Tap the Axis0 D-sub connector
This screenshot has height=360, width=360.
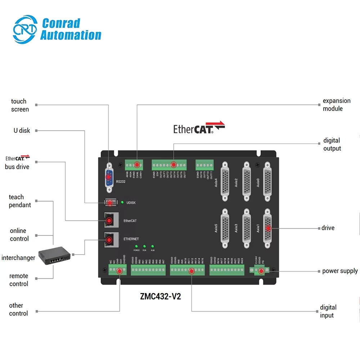pyautogui.click(x=267, y=179)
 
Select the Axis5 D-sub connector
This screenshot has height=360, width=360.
pyautogui.click(x=225, y=228)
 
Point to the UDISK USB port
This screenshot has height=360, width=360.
pyautogui.click(x=110, y=203)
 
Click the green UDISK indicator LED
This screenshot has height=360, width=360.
pyautogui.click(x=122, y=203)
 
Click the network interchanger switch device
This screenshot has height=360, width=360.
pyautogui.click(x=54, y=255)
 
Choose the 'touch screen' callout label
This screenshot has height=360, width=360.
pyautogui.click(x=20, y=105)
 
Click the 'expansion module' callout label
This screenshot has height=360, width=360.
pyautogui.click(x=336, y=105)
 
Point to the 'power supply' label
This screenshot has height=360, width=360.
pyautogui.click(x=340, y=271)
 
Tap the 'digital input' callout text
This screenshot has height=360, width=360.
pyautogui.click(x=328, y=311)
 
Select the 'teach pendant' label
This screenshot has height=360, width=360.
pyautogui.click(x=20, y=201)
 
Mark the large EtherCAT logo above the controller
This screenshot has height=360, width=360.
pyautogui.click(x=199, y=128)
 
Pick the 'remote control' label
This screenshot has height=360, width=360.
pyautogui.click(x=19, y=280)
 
